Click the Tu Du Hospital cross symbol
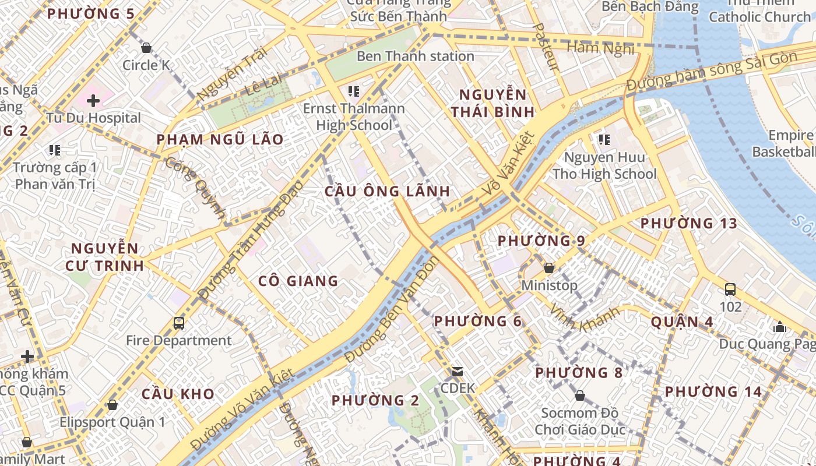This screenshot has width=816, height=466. pyautogui.click(x=93, y=101)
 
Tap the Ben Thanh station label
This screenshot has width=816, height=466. pyautogui.click(x=415, y=57)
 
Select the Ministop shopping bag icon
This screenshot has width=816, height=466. pyautogui.click(x=548, y=268)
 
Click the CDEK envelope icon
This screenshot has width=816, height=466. pyautogui.click(x=458, y=371)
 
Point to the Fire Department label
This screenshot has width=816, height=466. pyautogui.click(x=178, y=341)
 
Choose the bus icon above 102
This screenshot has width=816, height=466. pyautogui.click(x=730, y=289)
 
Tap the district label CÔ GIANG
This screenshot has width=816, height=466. pyautogui.click(x=298, y=281)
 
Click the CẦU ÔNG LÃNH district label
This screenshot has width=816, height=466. pyautogui.click(x=387, y=191)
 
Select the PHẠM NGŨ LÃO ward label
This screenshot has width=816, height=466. pyautogui.click(x=220, y=139)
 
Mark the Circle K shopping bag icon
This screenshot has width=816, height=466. pyautogui.click(x=146, y=47)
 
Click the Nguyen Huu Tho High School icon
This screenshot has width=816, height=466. pyautogui.click(x=604, y=139)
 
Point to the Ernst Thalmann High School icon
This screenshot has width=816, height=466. pyautogui.click(x=353, y=91)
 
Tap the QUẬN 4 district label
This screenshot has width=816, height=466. pyautogui.click(x=682, y=322)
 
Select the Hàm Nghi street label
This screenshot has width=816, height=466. pyautogui.click(x=600, y=48)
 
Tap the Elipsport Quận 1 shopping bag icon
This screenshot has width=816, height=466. pyautogui.click(x=112, y=404)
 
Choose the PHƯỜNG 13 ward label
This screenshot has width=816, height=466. pyautogui.click(x=688, y=223)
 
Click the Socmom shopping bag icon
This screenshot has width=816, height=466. pyautogui.click(x=579, y=396)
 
